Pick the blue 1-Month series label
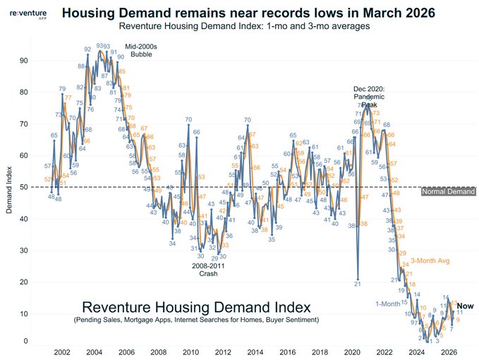point(387,304)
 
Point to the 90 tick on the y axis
point(24,61)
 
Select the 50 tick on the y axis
point(24,187)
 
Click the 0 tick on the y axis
point(26,342)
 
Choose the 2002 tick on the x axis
point(61,352)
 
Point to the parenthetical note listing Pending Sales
point(196,321)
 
